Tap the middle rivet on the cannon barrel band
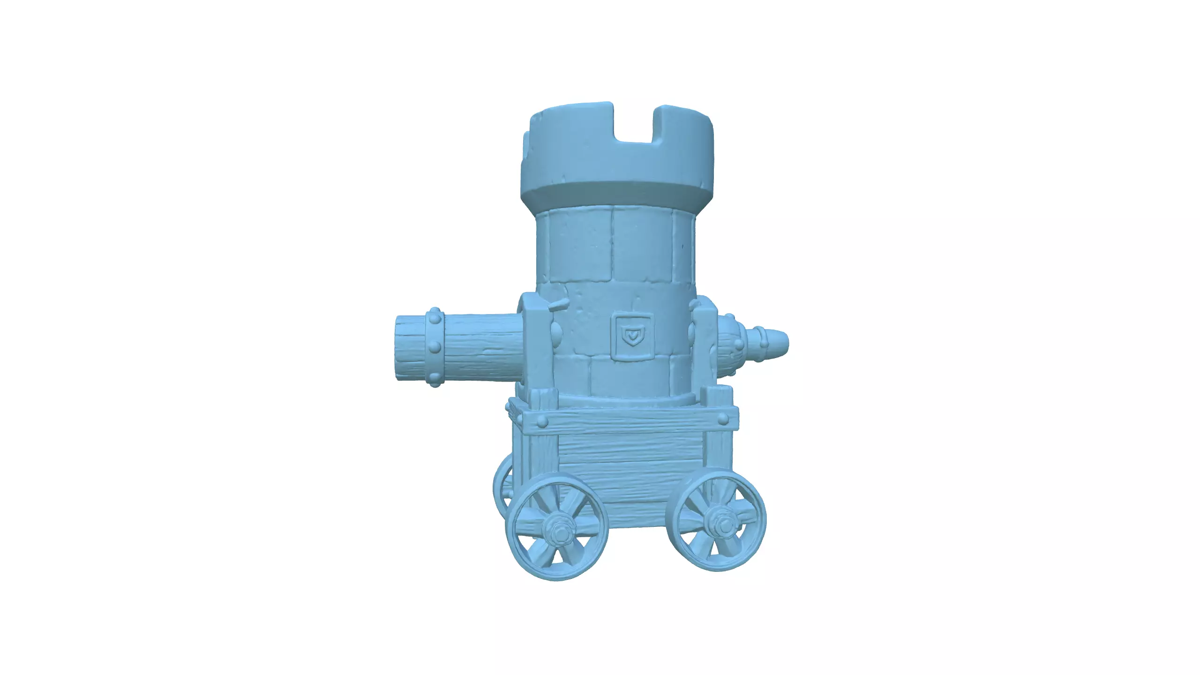click(x=435, y=347)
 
